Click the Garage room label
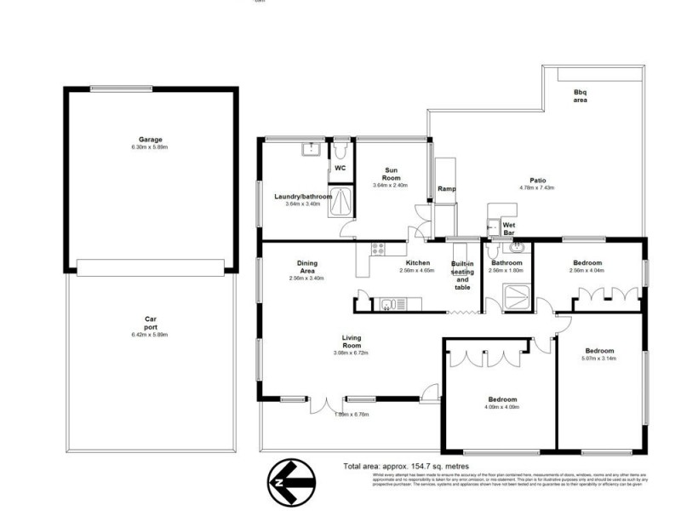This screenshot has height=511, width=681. click(151, 140)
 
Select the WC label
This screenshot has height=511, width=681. click(339, 169)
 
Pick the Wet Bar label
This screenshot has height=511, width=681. click(509, 227)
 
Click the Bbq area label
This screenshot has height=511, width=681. click(580, 95)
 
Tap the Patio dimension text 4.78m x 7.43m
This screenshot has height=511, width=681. click(536, 187)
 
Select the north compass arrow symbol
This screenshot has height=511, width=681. click(292, 483)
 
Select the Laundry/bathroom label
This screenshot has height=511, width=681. click(302, 197)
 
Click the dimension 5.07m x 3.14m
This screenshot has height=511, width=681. click(599, 358)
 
